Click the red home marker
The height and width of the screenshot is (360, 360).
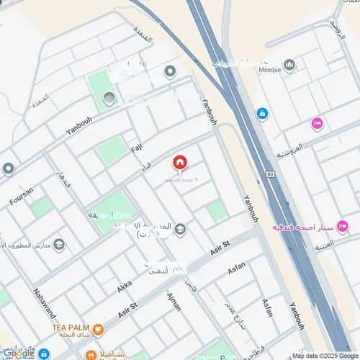[179, 163]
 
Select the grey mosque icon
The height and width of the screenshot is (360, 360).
[289, 65]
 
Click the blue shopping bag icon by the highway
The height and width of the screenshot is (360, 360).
[262, 114]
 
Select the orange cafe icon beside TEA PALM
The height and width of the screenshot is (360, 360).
[98, 330]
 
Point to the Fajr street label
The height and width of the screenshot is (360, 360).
[137, 150]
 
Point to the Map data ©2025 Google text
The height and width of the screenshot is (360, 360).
[323, 355]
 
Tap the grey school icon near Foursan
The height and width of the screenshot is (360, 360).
[59, 244]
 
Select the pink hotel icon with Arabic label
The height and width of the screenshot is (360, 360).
[342, 227]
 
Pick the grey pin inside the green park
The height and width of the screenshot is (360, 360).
[109, 98]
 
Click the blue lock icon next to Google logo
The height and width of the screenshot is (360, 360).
[45, 354]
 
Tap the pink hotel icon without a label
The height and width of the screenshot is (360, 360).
[317, 124]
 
